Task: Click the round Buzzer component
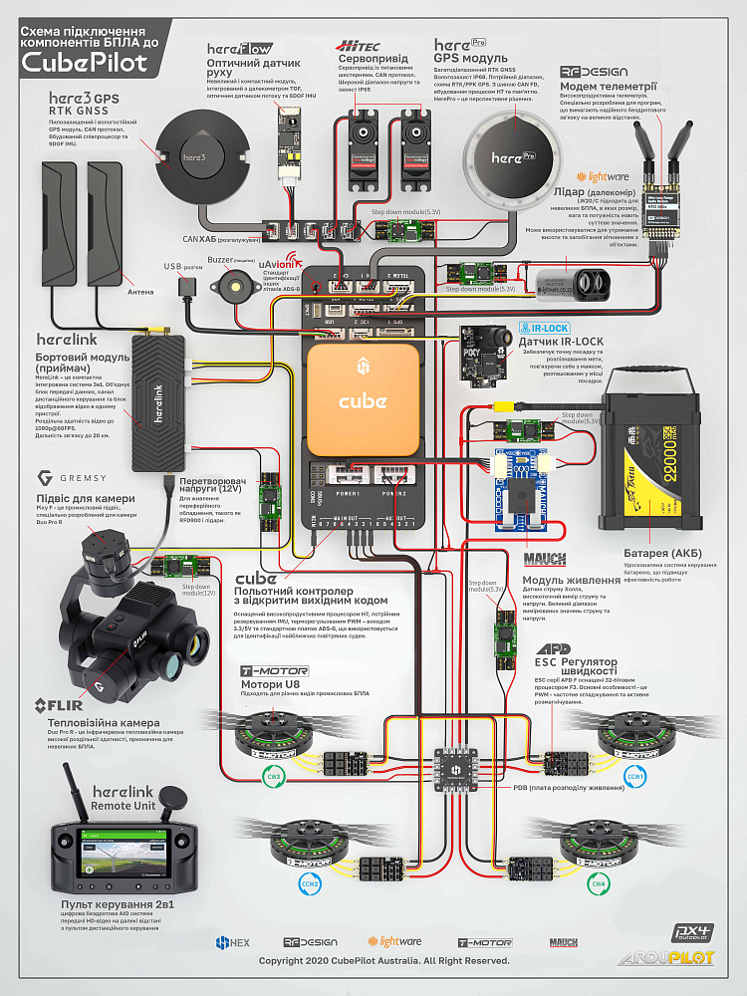pyautogui.click(x=235, y=289)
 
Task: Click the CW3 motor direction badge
pyautogui.click(x=275, y=776)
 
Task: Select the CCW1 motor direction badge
pyautogui.click(x=633, y=775)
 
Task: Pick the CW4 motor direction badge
pyautogui.click(x=598, y=882)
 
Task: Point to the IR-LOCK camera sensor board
pyautogui.click(x=478, y=351)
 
